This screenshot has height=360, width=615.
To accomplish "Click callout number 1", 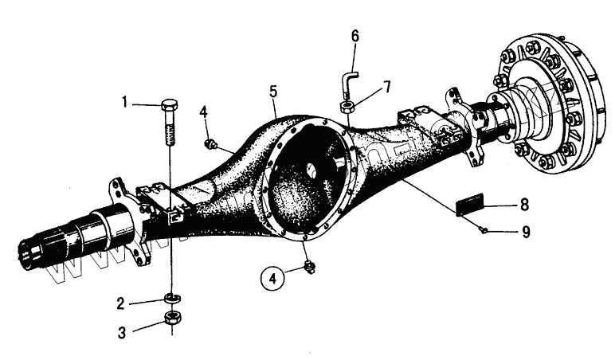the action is [x=125, y=102].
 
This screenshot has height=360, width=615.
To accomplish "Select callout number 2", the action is [x=119, y=303].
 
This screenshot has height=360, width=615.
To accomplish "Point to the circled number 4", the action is [x=273, y=279].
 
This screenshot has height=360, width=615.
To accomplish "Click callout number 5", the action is [x=273, y=92].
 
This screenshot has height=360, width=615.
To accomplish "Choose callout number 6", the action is [x=355, y=36].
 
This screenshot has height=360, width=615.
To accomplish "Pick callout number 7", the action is [x=386, y=86].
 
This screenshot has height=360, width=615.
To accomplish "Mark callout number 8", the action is [x=524, y=205].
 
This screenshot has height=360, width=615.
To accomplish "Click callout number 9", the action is [x=524, y=233].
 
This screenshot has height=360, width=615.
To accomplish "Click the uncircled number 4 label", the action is [x=204, y=112].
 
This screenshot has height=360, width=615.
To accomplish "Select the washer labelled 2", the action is [x=170, y=299].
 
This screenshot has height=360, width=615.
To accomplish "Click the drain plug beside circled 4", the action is [x=309, y=267].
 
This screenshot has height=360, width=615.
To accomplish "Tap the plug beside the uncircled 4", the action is [x=212, y=143].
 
